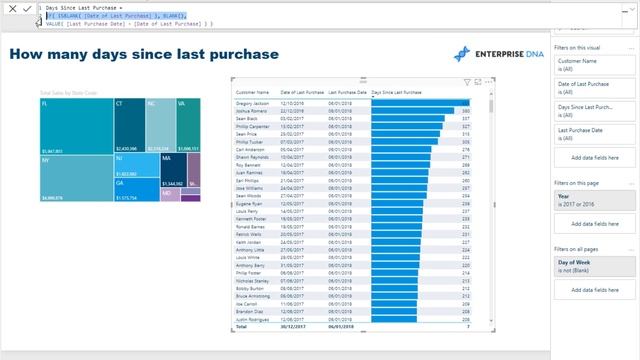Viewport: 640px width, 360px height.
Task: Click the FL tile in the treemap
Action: pyautogui.click(x=75, y=125)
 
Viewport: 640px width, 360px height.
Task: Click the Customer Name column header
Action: pyautogui.click(x=251, y=92)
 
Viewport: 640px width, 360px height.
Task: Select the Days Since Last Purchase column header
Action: pyautogui.click(x=396, y=92)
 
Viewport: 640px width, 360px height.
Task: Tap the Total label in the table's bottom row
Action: pyautogui.click(x=241, y=327)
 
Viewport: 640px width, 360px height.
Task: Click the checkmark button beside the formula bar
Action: pyautogui.click(x=27, y=8)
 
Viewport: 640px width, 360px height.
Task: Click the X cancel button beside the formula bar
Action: pyautogui.click(x=11, y=8)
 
